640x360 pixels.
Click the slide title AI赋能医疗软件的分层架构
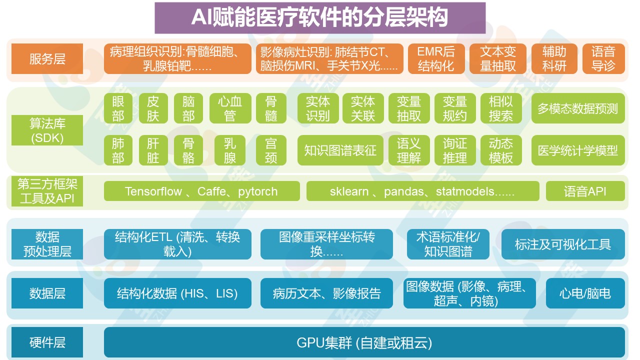click(320, 18)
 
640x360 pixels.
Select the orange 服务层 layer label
click(47, 59)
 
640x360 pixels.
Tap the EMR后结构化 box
click(435, 59)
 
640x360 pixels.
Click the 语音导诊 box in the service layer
click(603, 59)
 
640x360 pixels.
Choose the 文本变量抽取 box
click(497, 59)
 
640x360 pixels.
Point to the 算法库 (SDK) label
click(47, 130)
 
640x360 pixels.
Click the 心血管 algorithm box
click(230, 108)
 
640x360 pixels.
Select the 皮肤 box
click(153, 108)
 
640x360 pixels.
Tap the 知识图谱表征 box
click(340, 150)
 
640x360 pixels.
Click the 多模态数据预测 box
click(577, 108)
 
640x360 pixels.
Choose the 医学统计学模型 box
click(577, 150)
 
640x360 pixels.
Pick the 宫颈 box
click(270, 150)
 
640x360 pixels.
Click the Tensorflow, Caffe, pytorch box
click(201, 191)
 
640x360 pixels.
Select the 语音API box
click(585, 191)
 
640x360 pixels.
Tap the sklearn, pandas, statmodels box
click(422, 191)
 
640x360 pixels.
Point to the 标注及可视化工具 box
click(563, 244)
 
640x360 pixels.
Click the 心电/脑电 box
click(585, 293)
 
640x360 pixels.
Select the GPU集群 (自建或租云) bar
click(364, 343)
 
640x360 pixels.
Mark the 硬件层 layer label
click(47, 343)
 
